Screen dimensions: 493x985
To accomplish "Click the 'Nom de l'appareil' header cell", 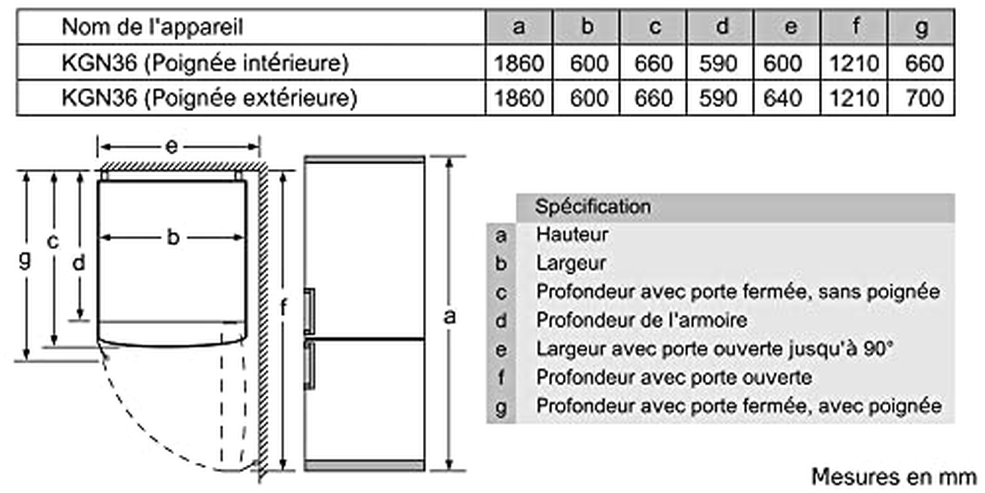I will [x=152, y=27].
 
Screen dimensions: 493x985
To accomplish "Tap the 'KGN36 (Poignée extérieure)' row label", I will [x=209, y=98].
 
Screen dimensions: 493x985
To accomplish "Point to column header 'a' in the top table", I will [x=519, y=27].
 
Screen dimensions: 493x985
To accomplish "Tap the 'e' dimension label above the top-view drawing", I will [x=171, y=146].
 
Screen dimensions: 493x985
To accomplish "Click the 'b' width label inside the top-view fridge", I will [x=173, y=237].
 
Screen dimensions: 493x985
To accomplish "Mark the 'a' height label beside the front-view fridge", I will [x=450, y=317].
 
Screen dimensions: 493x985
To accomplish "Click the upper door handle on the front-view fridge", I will [x=309, y=311].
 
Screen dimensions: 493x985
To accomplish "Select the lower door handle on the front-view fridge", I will [x=309, y=365].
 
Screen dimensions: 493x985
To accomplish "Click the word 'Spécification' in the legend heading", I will [x=593, y=207].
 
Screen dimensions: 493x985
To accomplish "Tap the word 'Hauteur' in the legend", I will [x=572, y=235].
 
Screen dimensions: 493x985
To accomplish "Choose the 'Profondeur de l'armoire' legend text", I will [x=641, y=320].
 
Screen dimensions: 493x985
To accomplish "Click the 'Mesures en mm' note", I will [x=894, y=477].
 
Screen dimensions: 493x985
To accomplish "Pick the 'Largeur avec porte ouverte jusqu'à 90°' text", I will [x=715, y=349].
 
